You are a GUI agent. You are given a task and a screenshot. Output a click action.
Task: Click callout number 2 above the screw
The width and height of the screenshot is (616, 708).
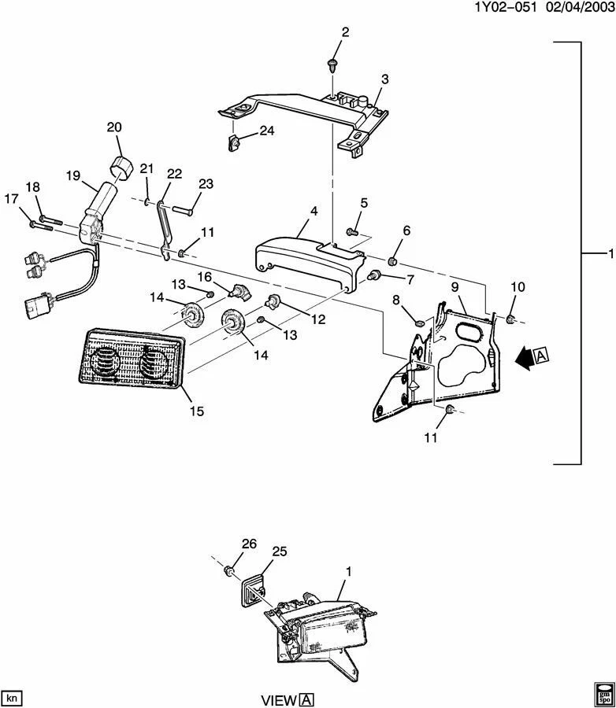pos(345,32)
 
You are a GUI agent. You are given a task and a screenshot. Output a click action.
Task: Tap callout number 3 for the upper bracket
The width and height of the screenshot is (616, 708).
pos(384,79)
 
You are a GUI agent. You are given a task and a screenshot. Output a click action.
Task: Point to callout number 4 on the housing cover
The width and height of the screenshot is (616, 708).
pos(314,212)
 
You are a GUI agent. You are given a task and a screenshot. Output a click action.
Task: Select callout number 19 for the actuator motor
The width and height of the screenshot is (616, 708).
pos(72,178)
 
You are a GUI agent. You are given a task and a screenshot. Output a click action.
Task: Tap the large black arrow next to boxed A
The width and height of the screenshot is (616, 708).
pos(521,359)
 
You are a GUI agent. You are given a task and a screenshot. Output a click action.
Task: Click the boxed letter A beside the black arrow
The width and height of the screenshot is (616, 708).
pos(541,357)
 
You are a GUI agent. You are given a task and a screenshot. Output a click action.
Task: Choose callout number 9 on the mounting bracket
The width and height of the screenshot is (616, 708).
pos(455,289)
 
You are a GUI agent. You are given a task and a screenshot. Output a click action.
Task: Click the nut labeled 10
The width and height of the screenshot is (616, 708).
pos(510,319)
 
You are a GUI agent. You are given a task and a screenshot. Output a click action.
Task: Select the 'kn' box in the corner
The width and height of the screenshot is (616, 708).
pos(12,697)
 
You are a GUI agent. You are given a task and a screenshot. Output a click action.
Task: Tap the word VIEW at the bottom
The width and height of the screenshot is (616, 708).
pos(279,699)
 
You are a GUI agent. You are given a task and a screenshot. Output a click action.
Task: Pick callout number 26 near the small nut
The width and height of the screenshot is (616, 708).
pos(248,543)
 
